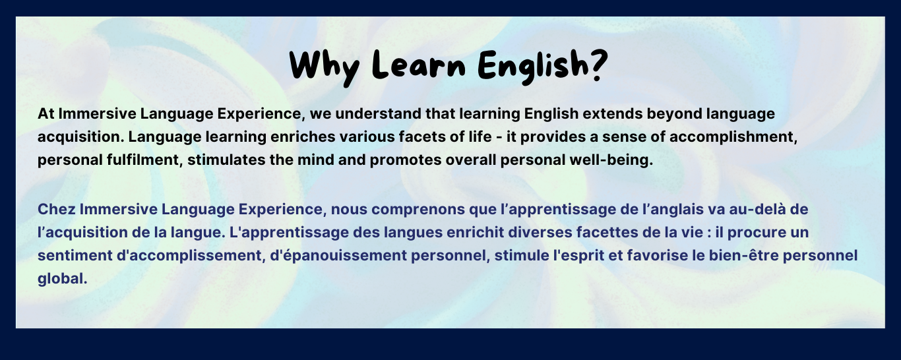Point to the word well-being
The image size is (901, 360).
pos(611,161)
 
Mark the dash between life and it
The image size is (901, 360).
pos(499,138)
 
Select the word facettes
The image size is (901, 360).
pos(601,233)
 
